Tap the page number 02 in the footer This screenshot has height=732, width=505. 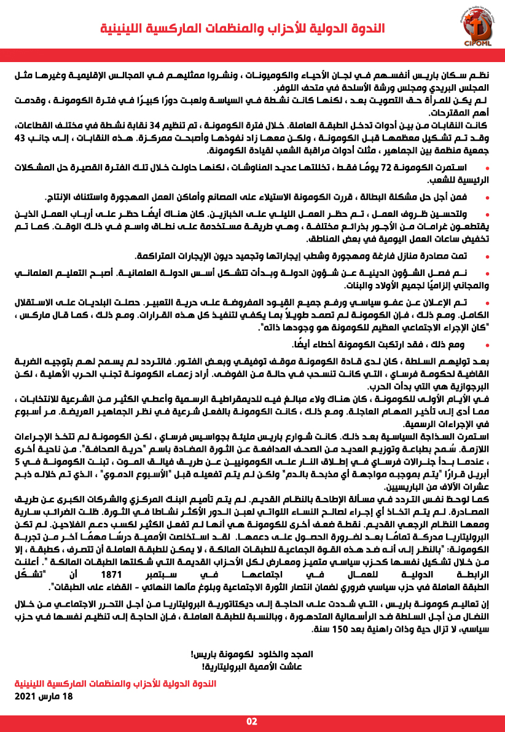(252, 720)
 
